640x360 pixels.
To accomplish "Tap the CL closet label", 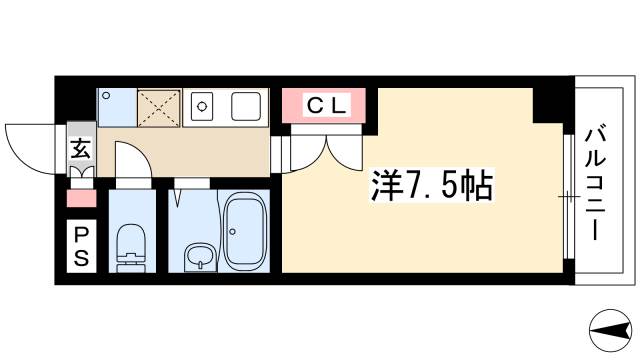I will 327,103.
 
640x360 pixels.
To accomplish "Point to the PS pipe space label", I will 81,245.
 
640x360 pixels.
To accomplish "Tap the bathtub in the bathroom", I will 244,233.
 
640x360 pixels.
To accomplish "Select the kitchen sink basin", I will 246,105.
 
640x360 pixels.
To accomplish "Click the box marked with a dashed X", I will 156,106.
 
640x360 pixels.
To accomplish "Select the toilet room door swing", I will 132,160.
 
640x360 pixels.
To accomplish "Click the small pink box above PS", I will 81,198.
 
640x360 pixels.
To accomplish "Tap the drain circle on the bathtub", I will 234,234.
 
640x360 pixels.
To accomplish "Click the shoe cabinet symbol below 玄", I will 81,173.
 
